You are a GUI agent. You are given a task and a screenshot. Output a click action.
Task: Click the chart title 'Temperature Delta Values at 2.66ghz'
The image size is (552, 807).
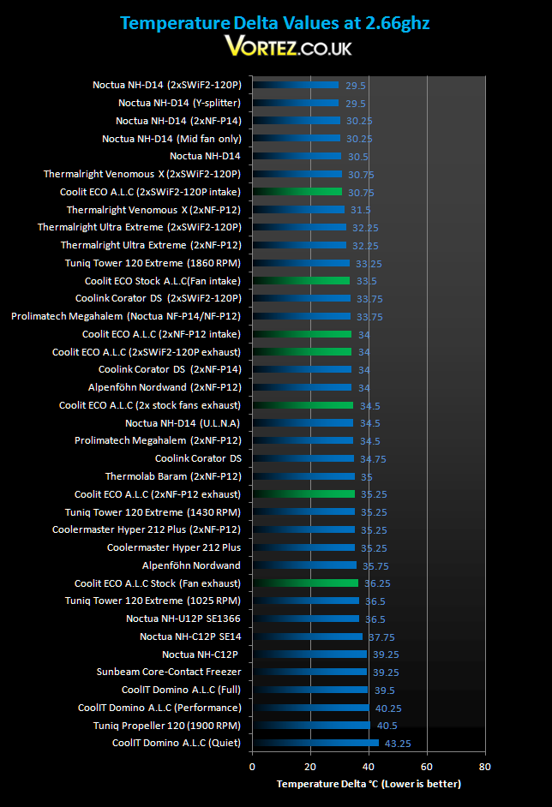pos(275,23)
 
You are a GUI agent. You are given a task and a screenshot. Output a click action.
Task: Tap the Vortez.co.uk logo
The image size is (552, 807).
pos(288,46)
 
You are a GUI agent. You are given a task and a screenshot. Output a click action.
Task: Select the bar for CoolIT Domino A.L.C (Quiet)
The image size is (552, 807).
pos(315,743)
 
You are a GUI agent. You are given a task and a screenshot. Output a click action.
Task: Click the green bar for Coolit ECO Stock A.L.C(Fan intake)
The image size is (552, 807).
pos(301,280)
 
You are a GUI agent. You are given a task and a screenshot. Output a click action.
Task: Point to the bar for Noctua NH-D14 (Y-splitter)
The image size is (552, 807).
pos(296,103)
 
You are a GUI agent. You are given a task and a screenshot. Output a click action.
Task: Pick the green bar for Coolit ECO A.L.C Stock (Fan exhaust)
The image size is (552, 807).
pos(305,583)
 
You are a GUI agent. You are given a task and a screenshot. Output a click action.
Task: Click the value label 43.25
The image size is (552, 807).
pos(398,744)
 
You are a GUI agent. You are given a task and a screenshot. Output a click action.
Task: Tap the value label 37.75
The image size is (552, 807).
pos(381,637)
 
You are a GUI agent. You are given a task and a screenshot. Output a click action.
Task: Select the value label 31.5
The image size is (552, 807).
pos(361,210)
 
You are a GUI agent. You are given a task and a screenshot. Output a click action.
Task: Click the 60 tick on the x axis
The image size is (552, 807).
pos(426,767)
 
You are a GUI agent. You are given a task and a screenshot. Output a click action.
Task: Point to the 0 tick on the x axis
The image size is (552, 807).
pos(252,767)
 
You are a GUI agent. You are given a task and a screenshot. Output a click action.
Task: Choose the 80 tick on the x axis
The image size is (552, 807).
pos(484,767)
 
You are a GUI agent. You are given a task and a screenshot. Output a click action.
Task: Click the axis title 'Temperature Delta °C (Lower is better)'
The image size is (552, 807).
pos(369,784)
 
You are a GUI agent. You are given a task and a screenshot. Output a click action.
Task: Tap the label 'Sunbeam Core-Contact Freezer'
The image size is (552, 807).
pos(168,672)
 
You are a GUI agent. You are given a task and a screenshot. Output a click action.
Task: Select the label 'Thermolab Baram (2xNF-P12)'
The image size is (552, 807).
pos(173,476)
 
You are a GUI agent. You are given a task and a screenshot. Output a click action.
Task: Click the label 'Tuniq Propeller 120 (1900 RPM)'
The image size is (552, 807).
pos(167,726)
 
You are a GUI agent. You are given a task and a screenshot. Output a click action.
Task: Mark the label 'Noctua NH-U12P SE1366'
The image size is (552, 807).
pos(183,619)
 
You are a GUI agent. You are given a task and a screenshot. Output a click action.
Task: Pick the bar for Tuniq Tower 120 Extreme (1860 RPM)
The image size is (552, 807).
pos(301,263)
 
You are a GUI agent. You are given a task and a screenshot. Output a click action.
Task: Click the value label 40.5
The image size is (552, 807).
pos(387,726)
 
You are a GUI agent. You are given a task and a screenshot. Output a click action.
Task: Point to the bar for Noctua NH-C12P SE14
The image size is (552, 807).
pos(308,637)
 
